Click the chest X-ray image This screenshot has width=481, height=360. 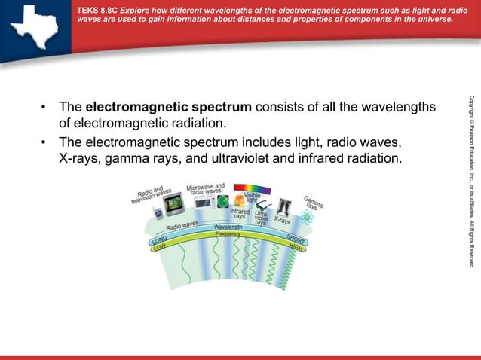(284, 206)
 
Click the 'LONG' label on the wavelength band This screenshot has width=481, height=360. (160, 241)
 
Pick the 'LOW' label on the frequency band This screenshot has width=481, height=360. (161, 249)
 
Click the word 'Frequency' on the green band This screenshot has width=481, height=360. (228, 234)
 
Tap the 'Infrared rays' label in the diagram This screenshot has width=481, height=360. (240, 213)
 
